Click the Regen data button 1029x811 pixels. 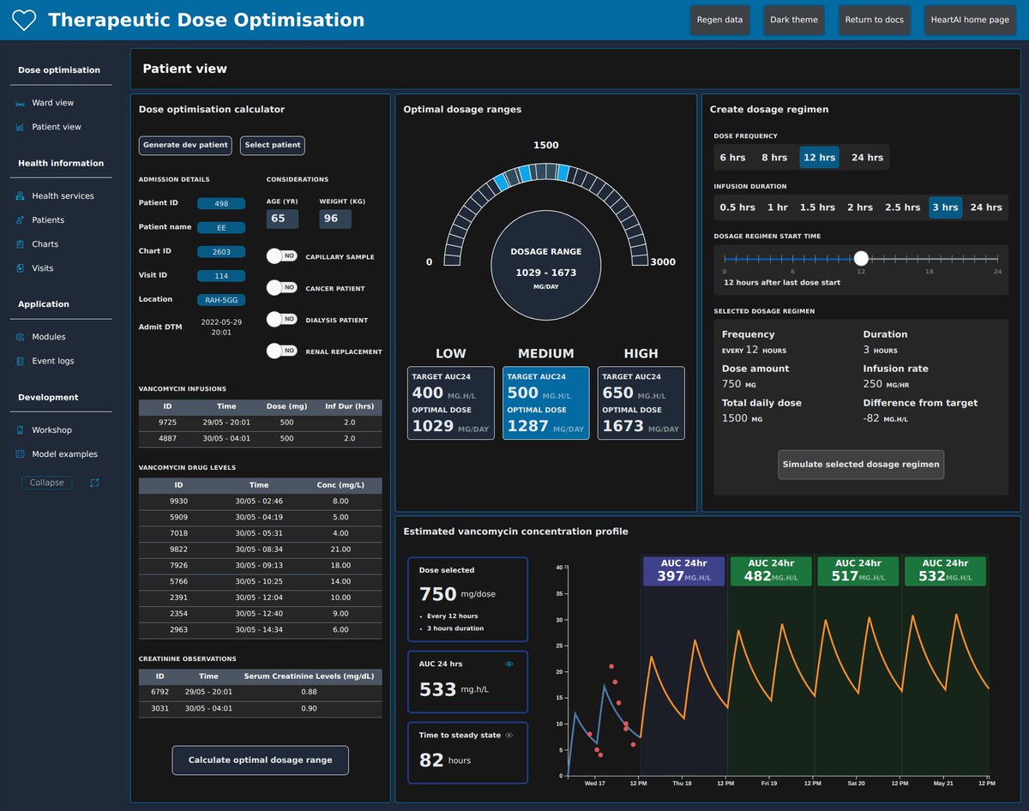click(x=720, y=20)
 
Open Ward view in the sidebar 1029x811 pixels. click(x=53, y=103)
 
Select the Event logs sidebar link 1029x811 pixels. click(x=53, y=361)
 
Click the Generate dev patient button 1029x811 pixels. click(x=185, y=146)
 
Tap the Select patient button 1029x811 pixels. click(x=273, y=146)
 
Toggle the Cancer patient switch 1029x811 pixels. click(x=281, y=288)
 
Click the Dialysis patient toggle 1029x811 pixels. click(x=281, y=320)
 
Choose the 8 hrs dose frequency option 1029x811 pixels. click(x=773, y=158)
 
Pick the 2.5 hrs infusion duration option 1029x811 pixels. click(x=903, y=207)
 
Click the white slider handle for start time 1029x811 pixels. click(x=861, y=258)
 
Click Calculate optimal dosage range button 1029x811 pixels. click(x=260, y=760)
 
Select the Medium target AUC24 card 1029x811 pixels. click(x=546, y=403)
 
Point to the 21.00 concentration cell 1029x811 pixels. click(x=340, y=549)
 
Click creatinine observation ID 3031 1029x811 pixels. click(x=159, y=708)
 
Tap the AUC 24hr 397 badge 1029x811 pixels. click(x=683, y=571)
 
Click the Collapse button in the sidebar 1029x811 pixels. click(x=47, y=483)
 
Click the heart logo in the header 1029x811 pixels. click(x=24, y=21)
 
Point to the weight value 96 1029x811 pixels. click(x=330, y=219)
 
